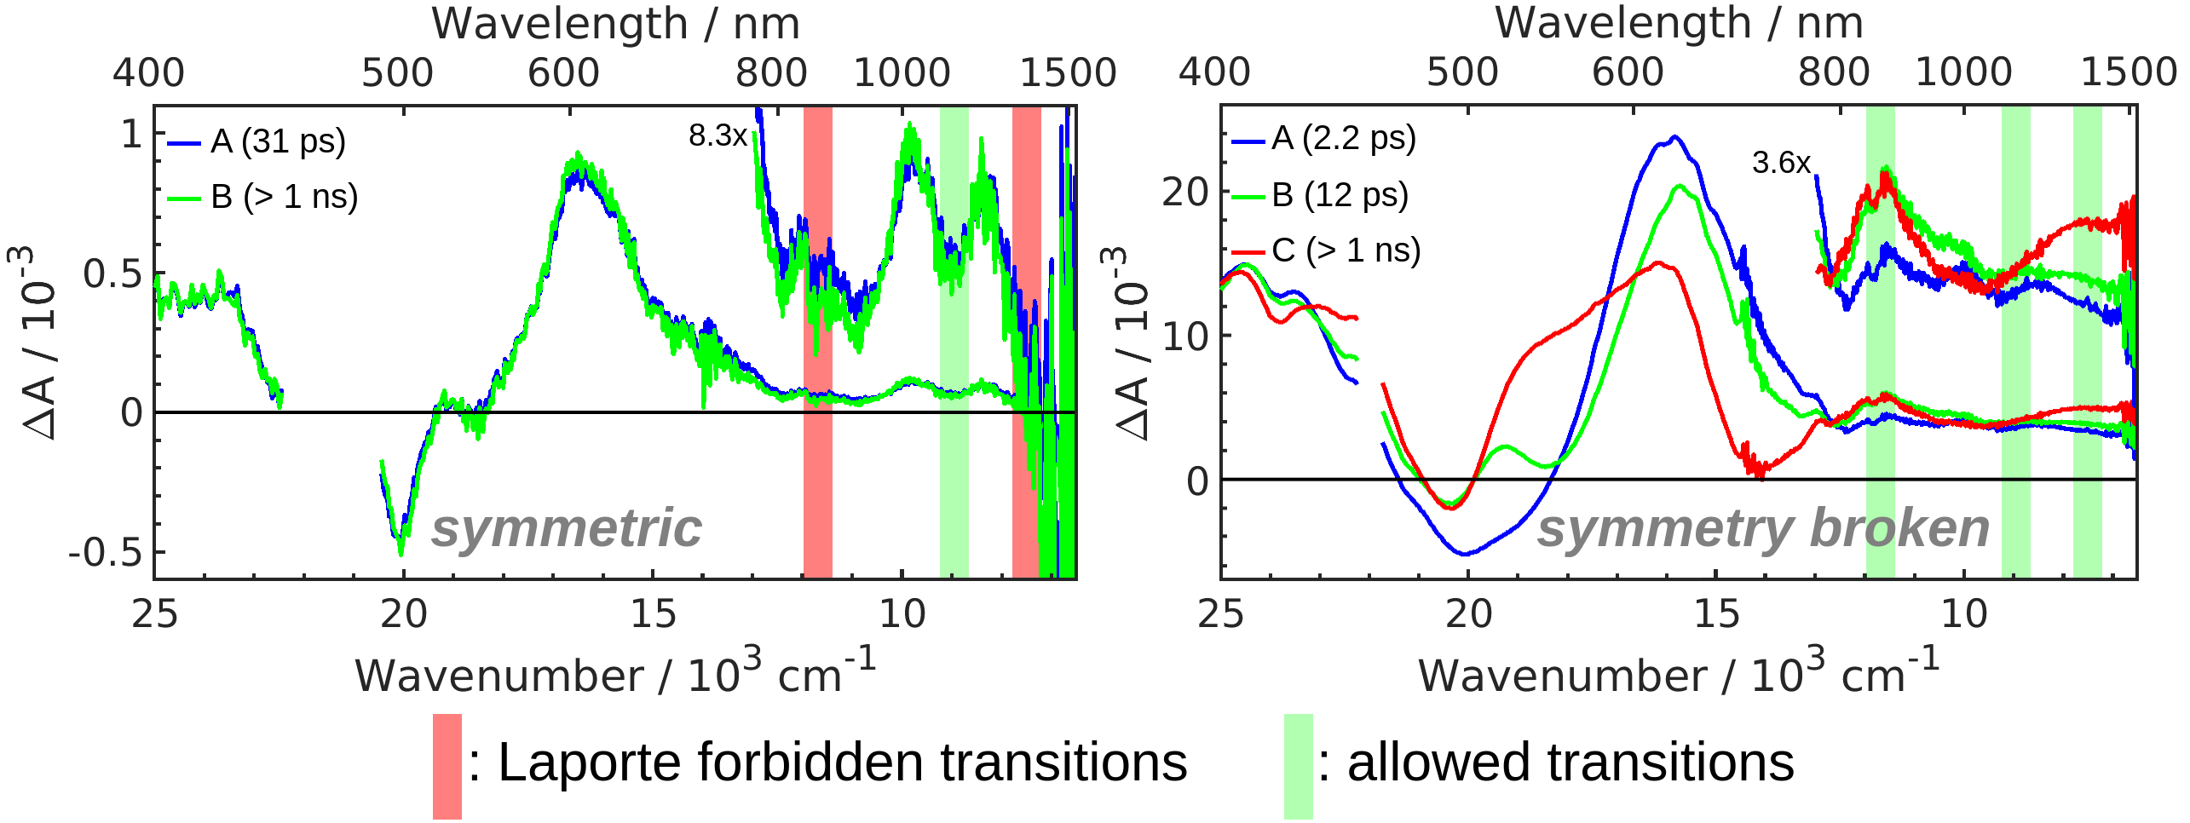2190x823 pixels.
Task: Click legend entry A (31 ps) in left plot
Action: click(x=277, y=141)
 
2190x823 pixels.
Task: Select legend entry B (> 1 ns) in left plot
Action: click(x=283, y=197)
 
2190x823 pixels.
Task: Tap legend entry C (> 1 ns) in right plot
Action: click(x=1346, y=250)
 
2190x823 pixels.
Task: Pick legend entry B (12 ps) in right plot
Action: click(x=1339, y=195)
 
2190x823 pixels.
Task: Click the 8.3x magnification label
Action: click(x=718, y=135)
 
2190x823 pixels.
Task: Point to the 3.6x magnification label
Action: click(x=1780, y=163)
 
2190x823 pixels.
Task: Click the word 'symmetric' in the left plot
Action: click(x=567, y=528)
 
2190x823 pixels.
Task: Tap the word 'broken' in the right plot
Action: click(x=1899, y=528)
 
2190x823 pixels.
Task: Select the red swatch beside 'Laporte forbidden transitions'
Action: click(x=447, y=766)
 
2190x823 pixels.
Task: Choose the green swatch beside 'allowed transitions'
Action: click(x=1299, y=766)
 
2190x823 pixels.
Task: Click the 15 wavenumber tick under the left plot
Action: click(x=654, y=613)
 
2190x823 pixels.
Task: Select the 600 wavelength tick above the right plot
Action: click(x=1628, y=72)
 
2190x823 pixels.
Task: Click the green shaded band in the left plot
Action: click(x=954, y=341)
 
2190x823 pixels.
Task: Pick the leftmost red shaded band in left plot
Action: click(x=818, y=341)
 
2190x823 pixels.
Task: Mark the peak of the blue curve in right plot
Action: click(x=1674, y=136)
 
